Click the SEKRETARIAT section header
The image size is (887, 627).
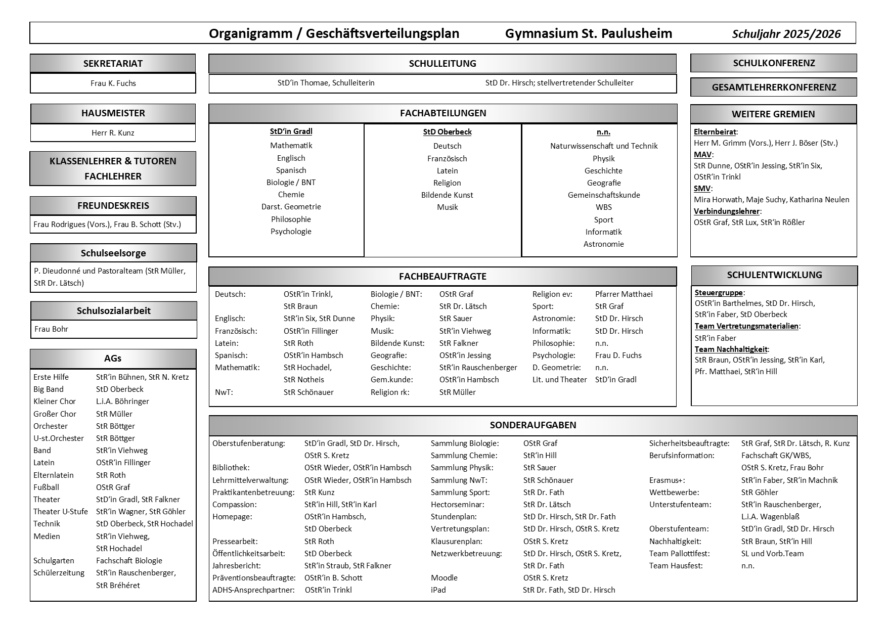point(113,64)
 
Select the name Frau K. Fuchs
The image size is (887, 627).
point(113,83)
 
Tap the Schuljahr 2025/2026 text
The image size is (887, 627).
point(786,34)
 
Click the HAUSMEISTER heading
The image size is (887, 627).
point(113,113)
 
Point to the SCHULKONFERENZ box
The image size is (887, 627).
point(773,63)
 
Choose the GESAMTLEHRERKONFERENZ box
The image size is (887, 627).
point(773,87)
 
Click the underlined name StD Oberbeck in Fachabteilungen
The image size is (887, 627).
point(447,132)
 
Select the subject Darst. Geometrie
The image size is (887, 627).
point(291,207)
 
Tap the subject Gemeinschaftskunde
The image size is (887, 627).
point(603,195)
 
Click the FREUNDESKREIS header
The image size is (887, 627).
point(113,206)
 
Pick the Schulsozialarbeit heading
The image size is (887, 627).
point(113,311)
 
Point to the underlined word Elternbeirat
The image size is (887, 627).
point(715,132)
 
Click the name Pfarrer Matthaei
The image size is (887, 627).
point(624,294)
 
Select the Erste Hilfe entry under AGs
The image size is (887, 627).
point(51,377)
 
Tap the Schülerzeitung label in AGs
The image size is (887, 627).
point(59,573)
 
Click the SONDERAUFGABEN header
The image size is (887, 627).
point(533,425)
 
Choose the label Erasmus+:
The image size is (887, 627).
point(667,480)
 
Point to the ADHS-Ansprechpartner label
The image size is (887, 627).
point(253,590)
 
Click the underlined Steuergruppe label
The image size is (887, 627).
point(719,293)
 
